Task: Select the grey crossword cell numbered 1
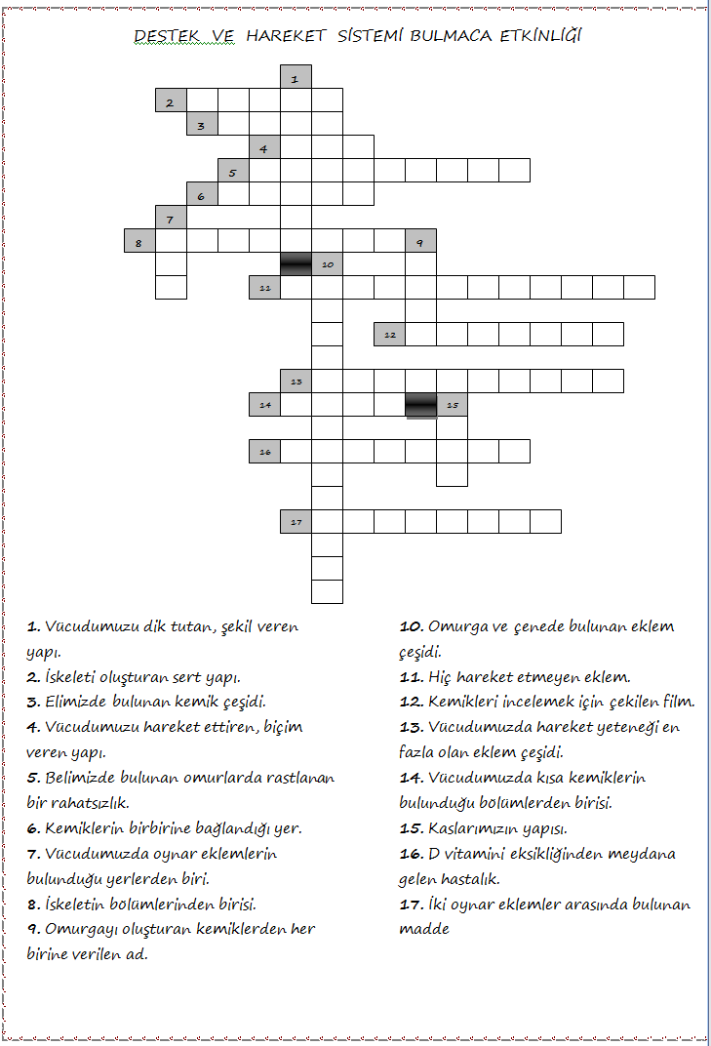[296, 76]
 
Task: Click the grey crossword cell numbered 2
[171, 101]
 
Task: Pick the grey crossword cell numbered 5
[233, 171]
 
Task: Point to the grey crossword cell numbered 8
[139, 241]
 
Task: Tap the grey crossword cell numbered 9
[420, 241]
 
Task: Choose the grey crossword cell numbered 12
[389, 335]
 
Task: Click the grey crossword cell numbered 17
[296, 522]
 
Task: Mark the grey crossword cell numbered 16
[264, 452]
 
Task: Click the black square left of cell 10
[296, 263]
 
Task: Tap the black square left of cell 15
[420, 405]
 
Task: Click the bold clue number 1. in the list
[33, 626]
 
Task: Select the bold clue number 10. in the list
[411, 626]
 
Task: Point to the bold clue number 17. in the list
[411, 905]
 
